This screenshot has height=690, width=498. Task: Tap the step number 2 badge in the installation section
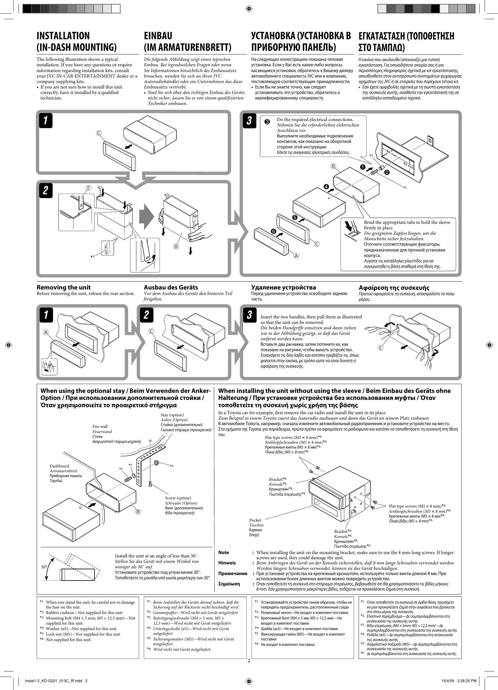(x=46, y=191)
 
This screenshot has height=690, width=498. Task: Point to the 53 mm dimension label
(x=408, y=165)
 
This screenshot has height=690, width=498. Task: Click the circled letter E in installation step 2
(x=88, y=188)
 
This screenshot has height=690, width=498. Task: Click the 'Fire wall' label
(x=100, y=426)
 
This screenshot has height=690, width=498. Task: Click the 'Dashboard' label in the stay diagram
(x=59, y=466)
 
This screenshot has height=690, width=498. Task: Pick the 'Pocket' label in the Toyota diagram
(x=255, y=520)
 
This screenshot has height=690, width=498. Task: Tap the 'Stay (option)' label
(x=172, y=415)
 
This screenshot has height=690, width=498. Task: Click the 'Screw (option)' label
(x=178, y=498)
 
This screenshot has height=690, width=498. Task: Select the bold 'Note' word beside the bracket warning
(x=223, y=552)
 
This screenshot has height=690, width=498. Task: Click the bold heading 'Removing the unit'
(x=63, y=287)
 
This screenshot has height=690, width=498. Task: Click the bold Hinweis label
(x=227, y=563)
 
